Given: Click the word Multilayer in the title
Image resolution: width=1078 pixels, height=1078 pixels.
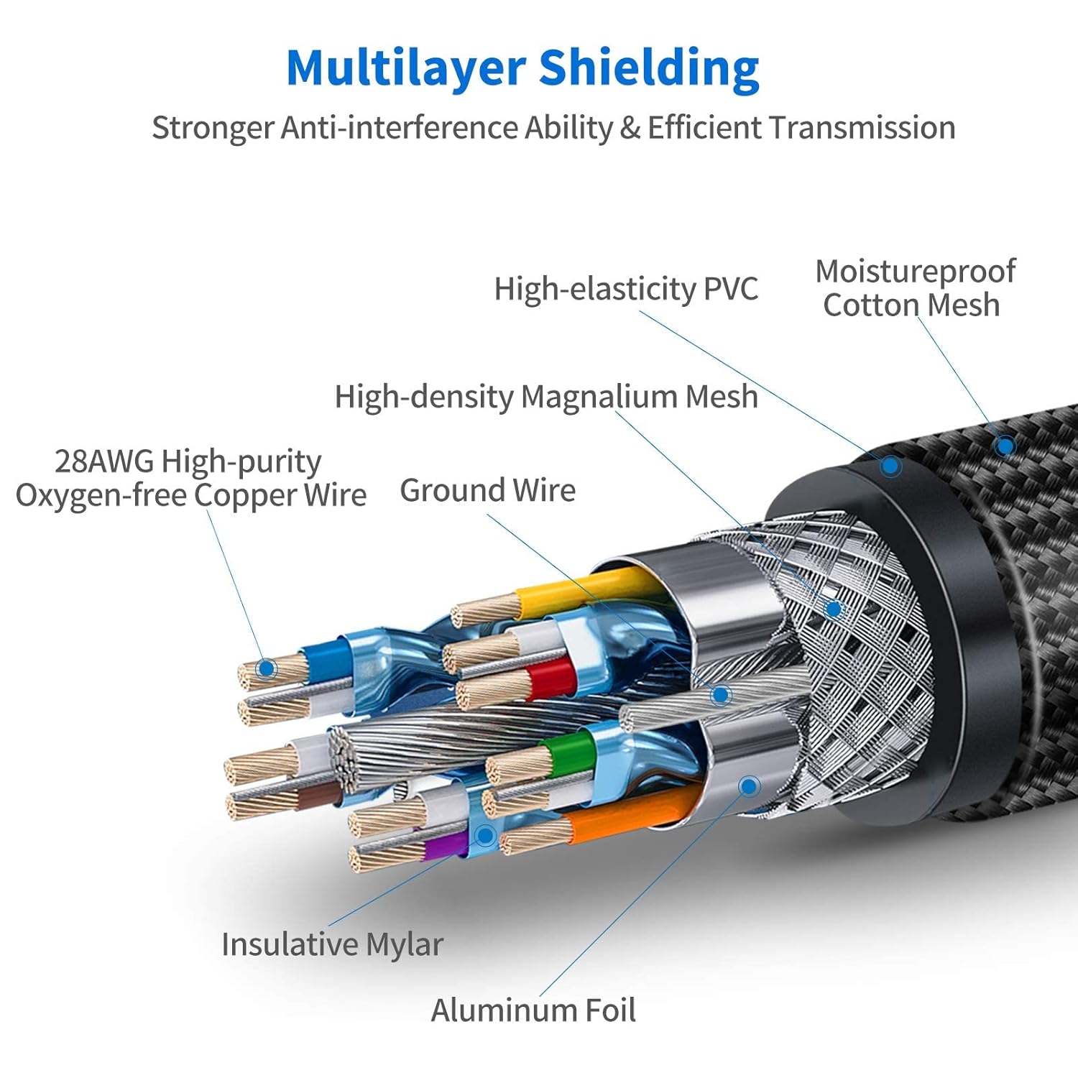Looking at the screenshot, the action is [x=406, y=69].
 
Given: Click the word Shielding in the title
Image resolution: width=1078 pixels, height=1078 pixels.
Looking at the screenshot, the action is [x=649, y=69].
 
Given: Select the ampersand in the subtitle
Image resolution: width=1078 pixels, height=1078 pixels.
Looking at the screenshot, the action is [x=630, y=128].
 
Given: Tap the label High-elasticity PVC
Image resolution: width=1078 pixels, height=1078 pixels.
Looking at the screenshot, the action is [x=626, y=289].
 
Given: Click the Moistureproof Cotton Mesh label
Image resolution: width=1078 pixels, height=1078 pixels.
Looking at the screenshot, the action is [x=914, y=288].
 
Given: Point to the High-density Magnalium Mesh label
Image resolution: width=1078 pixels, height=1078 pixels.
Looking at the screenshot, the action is [x=546, y=397].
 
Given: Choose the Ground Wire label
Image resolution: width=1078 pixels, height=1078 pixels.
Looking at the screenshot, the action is [x=488, y=490].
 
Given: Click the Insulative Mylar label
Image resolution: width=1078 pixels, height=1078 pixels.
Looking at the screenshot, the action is [x=332, y=944].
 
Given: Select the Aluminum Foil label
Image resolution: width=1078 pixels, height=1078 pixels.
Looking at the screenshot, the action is [x=533, y=1010].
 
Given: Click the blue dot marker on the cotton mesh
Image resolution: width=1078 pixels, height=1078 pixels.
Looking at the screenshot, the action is [x=1005, y=446].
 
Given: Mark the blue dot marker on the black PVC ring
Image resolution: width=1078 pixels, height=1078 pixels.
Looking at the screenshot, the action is [x=890, y=466].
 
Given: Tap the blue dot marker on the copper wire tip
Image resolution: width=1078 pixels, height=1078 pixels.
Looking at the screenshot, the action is [x=267, y=668].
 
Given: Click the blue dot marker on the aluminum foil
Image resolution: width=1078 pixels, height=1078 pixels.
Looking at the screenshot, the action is [x=749, y=786].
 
